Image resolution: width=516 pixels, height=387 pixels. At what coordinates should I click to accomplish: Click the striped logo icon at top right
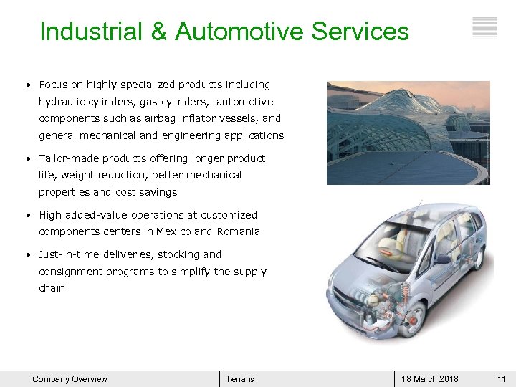click(485, 28)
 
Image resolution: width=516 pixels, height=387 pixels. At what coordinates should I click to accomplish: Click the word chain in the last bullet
click(52, 288)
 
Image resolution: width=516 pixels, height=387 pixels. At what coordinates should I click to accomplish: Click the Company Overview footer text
click(70, 379)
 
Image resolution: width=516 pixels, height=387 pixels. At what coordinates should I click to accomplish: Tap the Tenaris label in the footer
click(239, 379)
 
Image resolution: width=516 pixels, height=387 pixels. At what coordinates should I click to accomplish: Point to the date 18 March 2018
click(430, 379)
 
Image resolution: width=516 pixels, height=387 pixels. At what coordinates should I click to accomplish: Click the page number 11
click(502, 379)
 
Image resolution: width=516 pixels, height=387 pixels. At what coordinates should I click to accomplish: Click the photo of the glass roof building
click(408, 133)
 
